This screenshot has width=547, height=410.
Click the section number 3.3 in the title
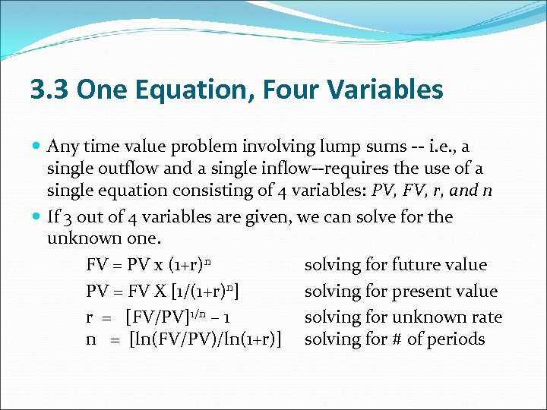click(49, 90)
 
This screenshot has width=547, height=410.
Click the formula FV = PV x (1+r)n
click(148, 265)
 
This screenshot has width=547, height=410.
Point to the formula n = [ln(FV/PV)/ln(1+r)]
click(185, 339)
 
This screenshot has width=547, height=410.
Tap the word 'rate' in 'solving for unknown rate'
click(487, 316)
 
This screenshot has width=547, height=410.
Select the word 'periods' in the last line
click(456, 339)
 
